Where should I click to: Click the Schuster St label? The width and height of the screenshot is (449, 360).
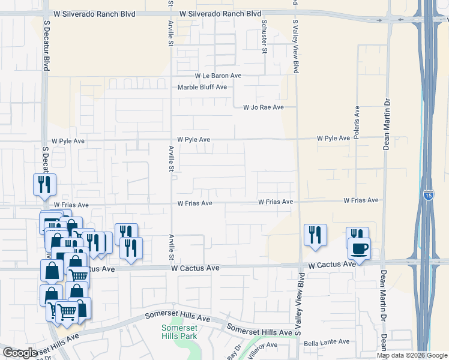coord(264,36)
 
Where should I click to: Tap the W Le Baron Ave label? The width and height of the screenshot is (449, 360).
coord(217,76)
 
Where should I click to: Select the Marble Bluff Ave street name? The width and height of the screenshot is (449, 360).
coord(202,87)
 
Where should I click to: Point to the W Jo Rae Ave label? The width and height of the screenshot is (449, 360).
coord(263,107)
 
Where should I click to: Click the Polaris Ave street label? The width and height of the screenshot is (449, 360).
coord(357,124)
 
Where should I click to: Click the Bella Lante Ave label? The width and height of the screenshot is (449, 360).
coord(327,342)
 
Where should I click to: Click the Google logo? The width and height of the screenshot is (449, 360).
coord(20,353)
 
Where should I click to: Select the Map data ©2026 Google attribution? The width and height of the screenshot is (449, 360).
coord(412,355)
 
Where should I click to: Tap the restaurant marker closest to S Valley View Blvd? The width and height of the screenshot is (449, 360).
coord(315,235)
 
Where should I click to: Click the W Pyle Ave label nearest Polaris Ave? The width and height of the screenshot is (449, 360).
coord(333,139)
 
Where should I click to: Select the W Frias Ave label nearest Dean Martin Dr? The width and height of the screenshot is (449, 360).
coord(361,200)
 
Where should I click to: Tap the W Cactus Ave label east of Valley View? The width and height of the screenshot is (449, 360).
coord(333,265)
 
